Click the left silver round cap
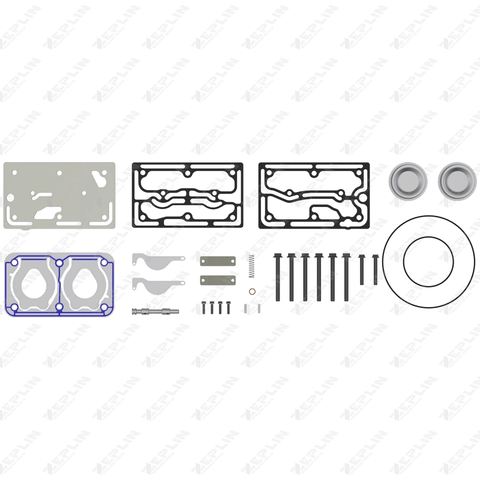pos(408,179)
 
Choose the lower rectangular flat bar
pos(215,280)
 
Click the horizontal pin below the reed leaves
pos(155,311)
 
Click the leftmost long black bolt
pos(277,276)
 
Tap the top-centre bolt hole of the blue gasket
pos(59,262)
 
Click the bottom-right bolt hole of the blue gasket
pos(105,308)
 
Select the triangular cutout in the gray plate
pos(97,175)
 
